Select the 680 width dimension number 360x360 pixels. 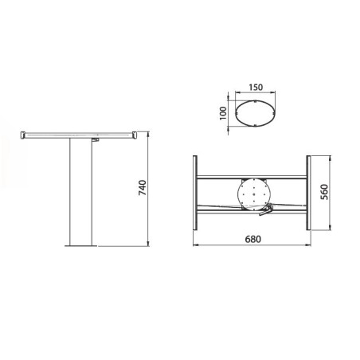click(x=253, y=239)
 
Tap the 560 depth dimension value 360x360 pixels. click(x=324, y=194)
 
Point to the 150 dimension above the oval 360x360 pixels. click(x=256, y=89)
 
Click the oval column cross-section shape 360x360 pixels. click(x=256, y=112)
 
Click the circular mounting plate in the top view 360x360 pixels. click(x=253, y=192)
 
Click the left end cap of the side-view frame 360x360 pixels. click(x=24, y=135)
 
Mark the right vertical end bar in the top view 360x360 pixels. click(x=307, y=192)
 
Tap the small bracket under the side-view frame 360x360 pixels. click(x=96, y=140)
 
